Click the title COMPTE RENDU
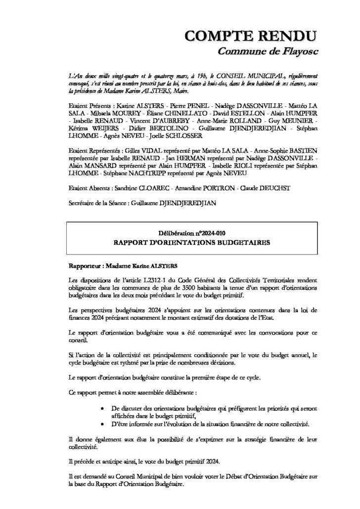click(x=250, y=36)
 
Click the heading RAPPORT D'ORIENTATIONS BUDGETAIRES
click(x=191, y=243)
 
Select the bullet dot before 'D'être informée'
click(x=101, y=424)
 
